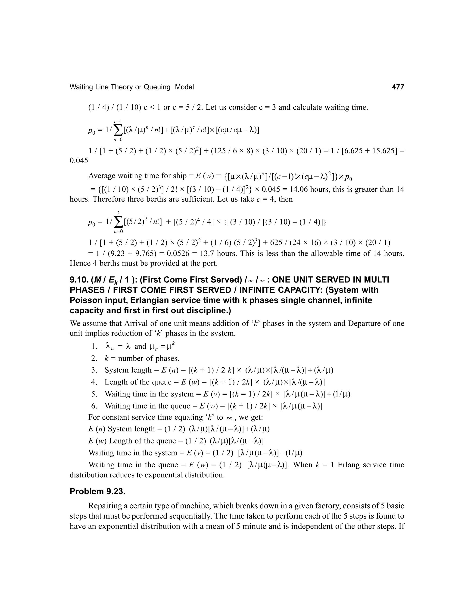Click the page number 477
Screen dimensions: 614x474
[398, 87]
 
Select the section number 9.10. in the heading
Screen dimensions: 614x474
[79, 280]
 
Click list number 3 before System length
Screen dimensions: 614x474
[94, 370]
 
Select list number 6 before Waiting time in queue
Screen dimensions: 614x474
[94, 406]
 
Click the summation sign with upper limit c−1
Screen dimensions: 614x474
[118, 130]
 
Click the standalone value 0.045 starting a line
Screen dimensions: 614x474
[79, 161]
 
